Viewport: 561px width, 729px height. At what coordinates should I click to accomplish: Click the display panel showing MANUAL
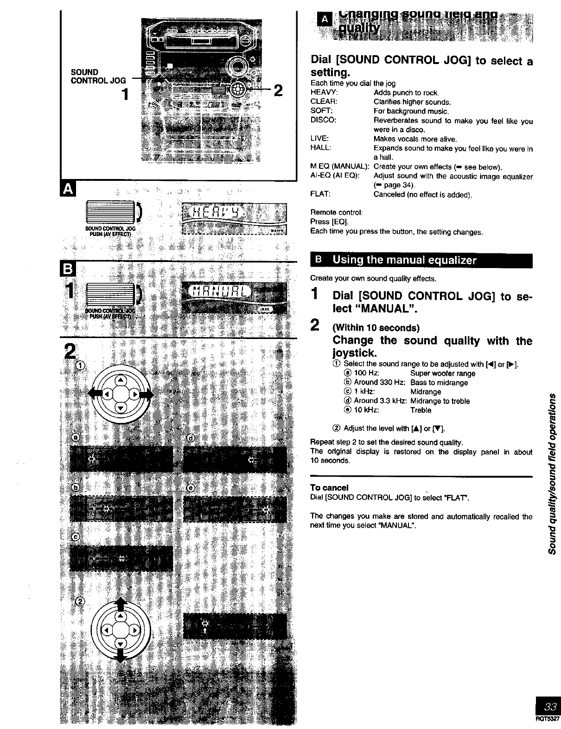point(234,297)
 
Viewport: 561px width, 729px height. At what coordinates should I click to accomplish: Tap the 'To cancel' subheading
point(329,487)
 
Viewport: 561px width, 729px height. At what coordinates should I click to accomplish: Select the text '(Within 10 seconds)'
point(376,328)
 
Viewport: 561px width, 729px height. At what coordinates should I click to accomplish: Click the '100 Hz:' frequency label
point(367,373)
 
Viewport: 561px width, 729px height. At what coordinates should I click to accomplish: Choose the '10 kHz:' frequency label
point(366,410)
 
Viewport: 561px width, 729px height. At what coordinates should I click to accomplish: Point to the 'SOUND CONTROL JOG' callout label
point(98,76)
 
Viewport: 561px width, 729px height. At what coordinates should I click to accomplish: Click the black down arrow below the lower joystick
point(120,657)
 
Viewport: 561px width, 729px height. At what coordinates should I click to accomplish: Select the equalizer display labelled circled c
point(121,559)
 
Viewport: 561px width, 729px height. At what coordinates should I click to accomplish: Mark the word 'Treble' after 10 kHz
point(421,410)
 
